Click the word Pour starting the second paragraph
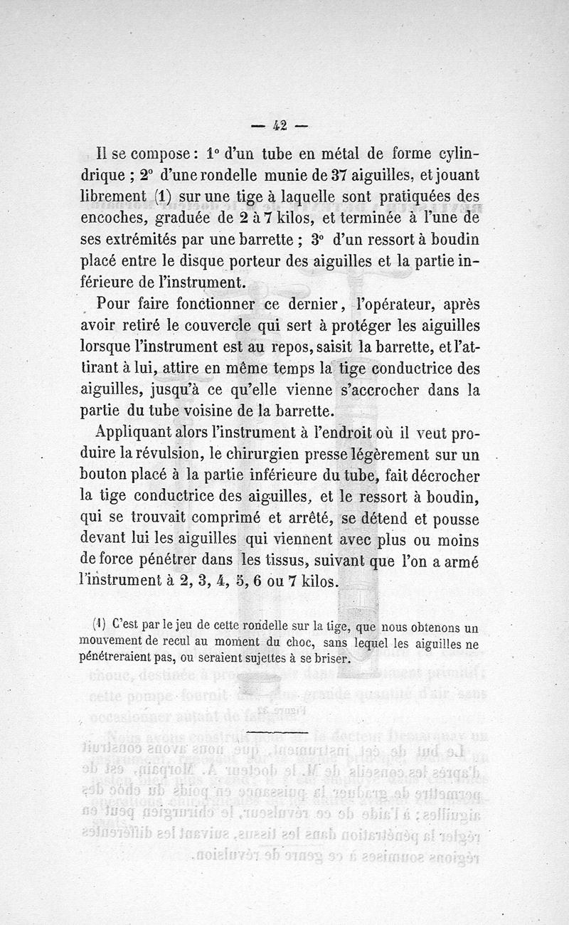pyautogui.click(x=118, y=305)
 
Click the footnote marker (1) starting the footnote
pyautogui.click(x=100, y=626)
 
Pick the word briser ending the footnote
pyautogui.click(x=332, y=658)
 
